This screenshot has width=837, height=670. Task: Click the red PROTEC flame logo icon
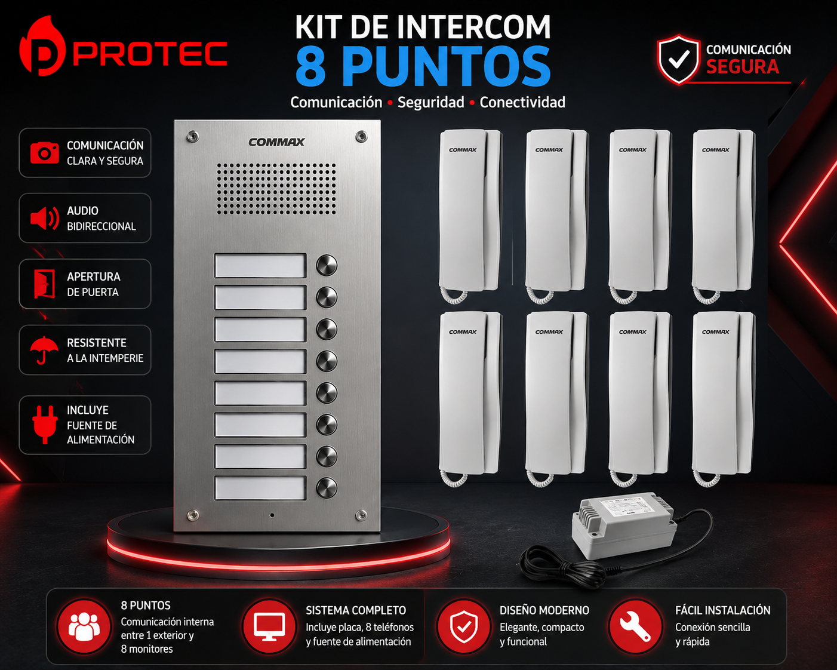pos(42,46)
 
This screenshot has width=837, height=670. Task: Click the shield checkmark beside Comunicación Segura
pos(679,59)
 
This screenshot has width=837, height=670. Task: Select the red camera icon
pos(44,152)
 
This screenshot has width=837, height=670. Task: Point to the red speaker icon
pos(45,219)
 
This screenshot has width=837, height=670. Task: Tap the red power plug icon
pos(45,425)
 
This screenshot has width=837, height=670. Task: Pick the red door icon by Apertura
pos(44,284)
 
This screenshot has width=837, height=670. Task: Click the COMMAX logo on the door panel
pos(276,142)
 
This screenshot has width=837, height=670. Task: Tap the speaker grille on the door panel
pos(276,189)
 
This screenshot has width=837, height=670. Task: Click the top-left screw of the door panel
pos(193,136)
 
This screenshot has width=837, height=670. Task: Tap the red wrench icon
pos(635,626)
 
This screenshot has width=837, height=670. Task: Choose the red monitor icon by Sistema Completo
pos(269,626)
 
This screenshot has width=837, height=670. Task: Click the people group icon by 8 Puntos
pos(84,626)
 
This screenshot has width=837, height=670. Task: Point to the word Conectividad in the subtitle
pos(522,102)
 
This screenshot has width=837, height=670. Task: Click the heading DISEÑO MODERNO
pos(544,610)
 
